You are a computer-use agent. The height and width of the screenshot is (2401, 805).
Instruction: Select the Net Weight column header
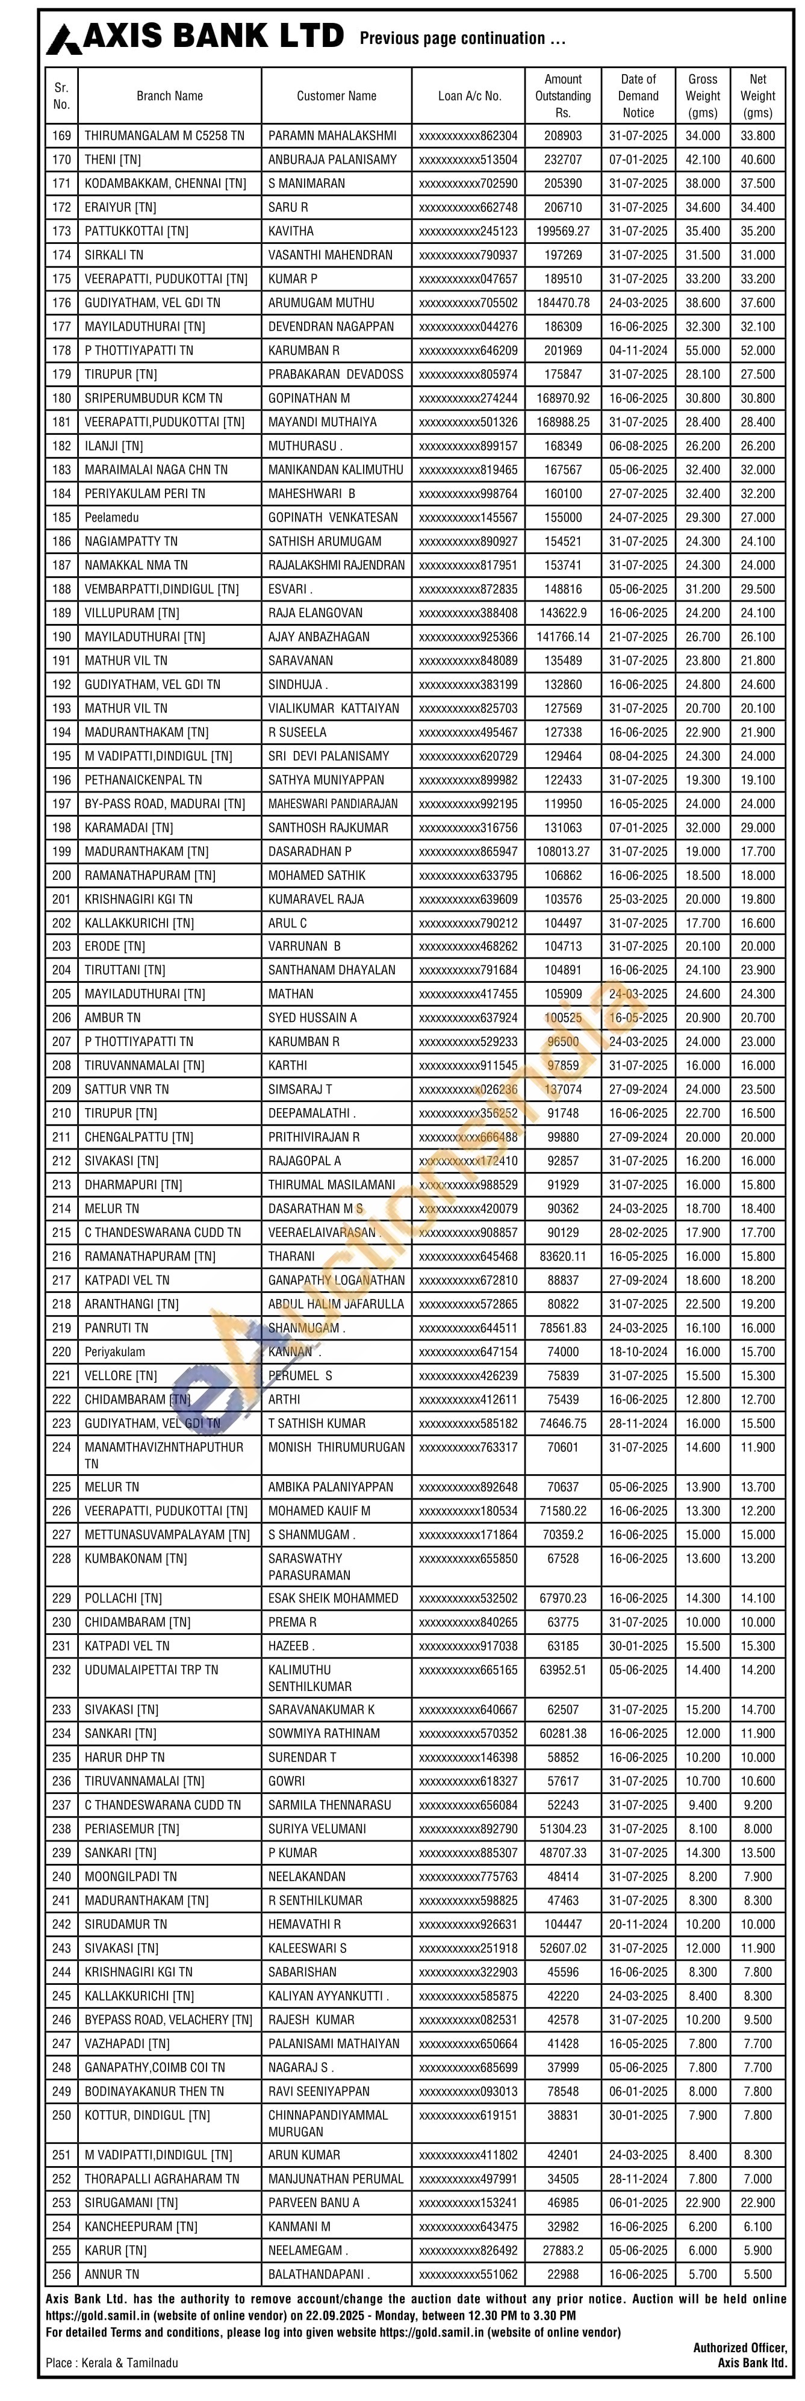(757, 96)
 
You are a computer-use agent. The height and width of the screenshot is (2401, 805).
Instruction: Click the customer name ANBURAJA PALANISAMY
(332, 160)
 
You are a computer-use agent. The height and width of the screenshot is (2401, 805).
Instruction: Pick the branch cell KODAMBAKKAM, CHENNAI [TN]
(165, 184)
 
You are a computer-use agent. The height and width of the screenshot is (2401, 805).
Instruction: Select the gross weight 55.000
(703, 350)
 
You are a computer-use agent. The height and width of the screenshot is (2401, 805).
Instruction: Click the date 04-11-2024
(638, 350)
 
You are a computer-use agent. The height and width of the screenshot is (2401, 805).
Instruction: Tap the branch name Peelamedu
(116, 517)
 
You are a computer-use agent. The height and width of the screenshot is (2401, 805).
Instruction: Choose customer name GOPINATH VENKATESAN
(332, 517)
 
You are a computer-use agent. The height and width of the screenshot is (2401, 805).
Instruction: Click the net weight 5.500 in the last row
(757, 2275)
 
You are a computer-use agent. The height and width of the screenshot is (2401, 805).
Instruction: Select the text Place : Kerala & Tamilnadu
(112, 2363)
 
